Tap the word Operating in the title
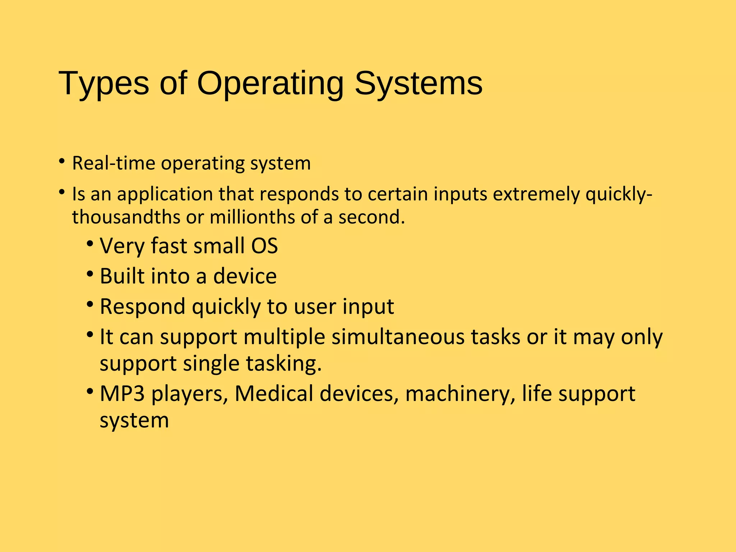coord(270,83)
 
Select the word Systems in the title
coord(419,83)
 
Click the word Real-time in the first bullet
coord(114,163)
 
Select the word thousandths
coord(126,217)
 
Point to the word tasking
coord(284,363)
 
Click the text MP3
coord(122,394)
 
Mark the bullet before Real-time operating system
coord(62,161)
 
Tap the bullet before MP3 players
coord(90,392)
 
